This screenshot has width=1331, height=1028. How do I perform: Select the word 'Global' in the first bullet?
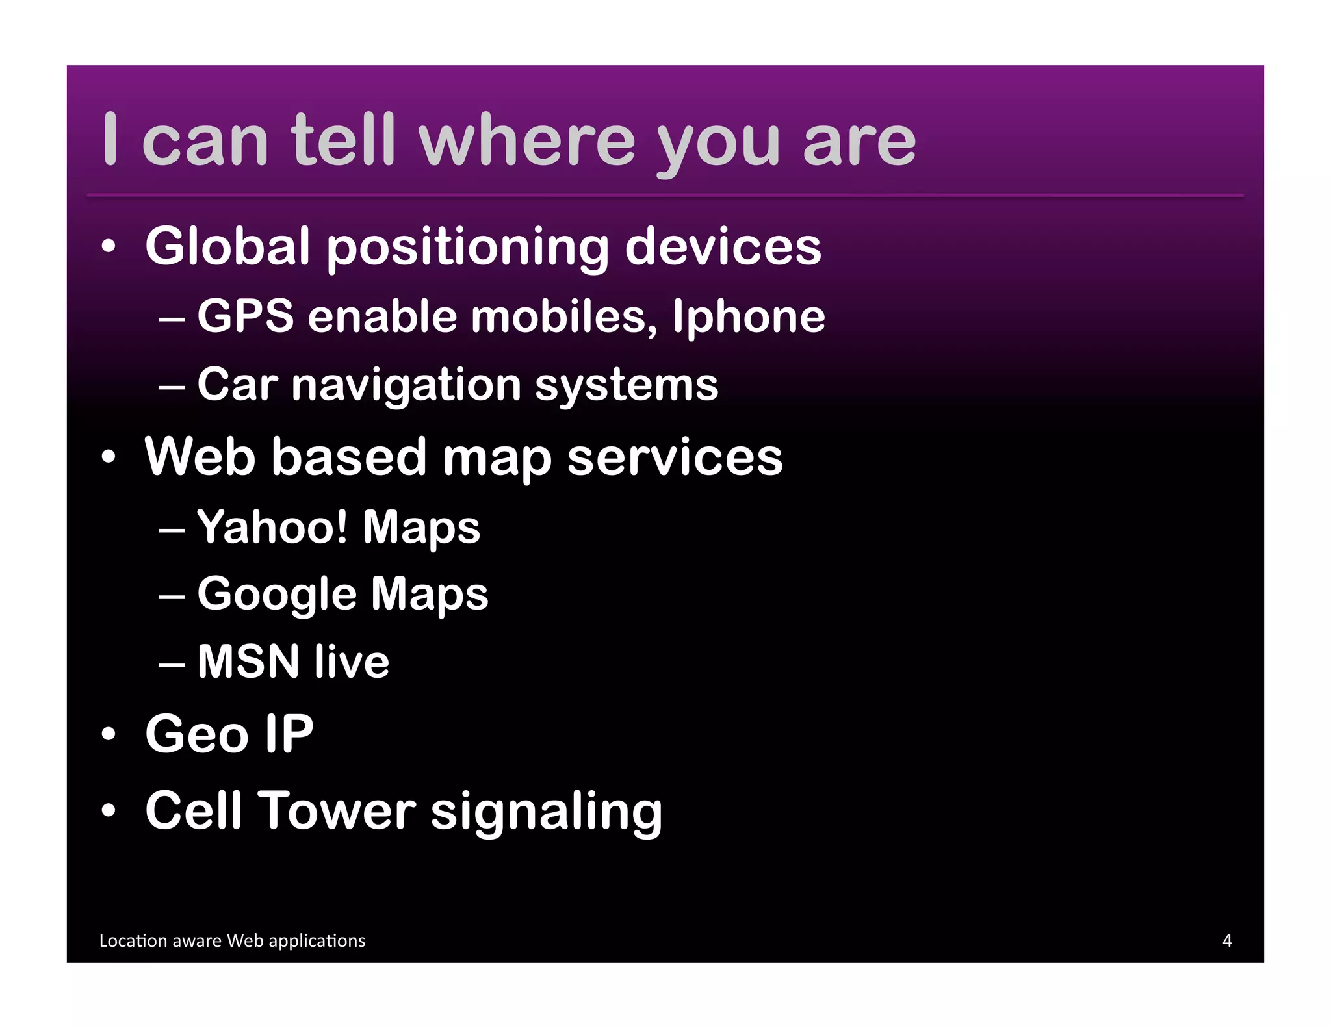click(227, 246)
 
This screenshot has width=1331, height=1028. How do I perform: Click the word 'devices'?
click(723, 246)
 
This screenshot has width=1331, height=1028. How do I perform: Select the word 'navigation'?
click(406, 385)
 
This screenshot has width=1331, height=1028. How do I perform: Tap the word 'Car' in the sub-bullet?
click(238, 385)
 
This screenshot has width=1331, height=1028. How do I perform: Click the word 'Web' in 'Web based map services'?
click(200, 457)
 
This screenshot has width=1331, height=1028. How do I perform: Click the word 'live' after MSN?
click(352, 662)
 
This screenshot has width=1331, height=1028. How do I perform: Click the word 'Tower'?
click(339, 811)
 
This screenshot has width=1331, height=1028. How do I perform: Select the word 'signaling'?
click(547, 812)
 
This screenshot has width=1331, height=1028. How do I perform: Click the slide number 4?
click(1227, 940)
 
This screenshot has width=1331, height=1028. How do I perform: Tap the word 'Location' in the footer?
click(133, 941)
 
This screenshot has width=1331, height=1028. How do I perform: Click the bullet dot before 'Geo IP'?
click(109, 735)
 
